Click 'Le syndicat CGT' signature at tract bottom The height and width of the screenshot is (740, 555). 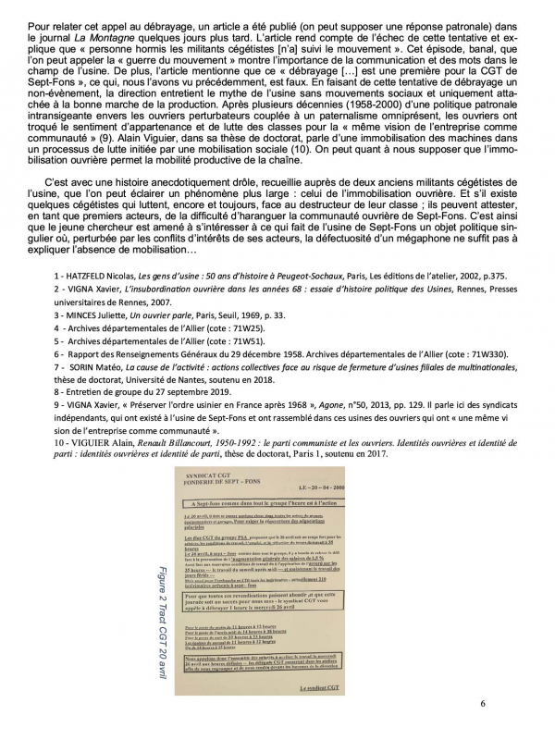coord(345,715)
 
